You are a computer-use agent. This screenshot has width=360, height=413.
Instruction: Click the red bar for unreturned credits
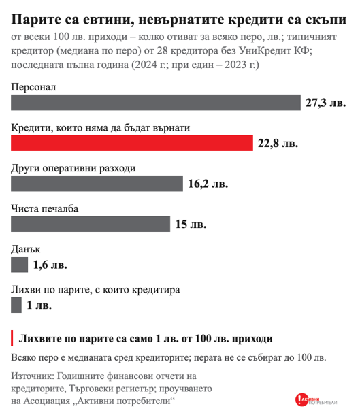[x=132, y=143]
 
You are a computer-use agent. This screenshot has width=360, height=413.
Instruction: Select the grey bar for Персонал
[x=156, y=103]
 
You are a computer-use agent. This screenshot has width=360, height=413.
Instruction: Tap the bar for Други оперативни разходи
[x=97, y=184]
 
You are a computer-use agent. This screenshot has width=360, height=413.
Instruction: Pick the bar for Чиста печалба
[x=91, y=224]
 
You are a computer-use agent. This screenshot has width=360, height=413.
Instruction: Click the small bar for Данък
[x=20, y=265]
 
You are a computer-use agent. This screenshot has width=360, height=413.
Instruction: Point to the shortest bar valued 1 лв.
[x=16, y=305]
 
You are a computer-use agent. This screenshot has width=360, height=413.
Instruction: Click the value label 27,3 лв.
[x=325, y=103]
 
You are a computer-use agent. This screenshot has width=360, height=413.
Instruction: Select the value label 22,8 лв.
[x=278, y=144]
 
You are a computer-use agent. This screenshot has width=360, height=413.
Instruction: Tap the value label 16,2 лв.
[x=208, y=184]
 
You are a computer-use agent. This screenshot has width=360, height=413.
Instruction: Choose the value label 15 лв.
[x=191, y=225]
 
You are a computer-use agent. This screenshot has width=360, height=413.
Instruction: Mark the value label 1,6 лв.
[x=50, y=265]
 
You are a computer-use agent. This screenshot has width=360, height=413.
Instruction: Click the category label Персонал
[x=33, y=87]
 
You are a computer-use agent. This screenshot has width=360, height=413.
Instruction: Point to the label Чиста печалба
[x=45, y=209]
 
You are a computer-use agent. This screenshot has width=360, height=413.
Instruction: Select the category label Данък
[x=26, y=249]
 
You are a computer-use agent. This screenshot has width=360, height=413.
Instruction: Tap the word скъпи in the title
[x=326, y=20]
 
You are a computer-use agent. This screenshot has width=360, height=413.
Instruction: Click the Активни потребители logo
[x=316, y=400]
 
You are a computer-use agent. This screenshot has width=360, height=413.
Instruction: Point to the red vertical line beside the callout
[x=12, y=338]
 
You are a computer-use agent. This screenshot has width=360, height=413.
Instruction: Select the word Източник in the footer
[x=33, y=376]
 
